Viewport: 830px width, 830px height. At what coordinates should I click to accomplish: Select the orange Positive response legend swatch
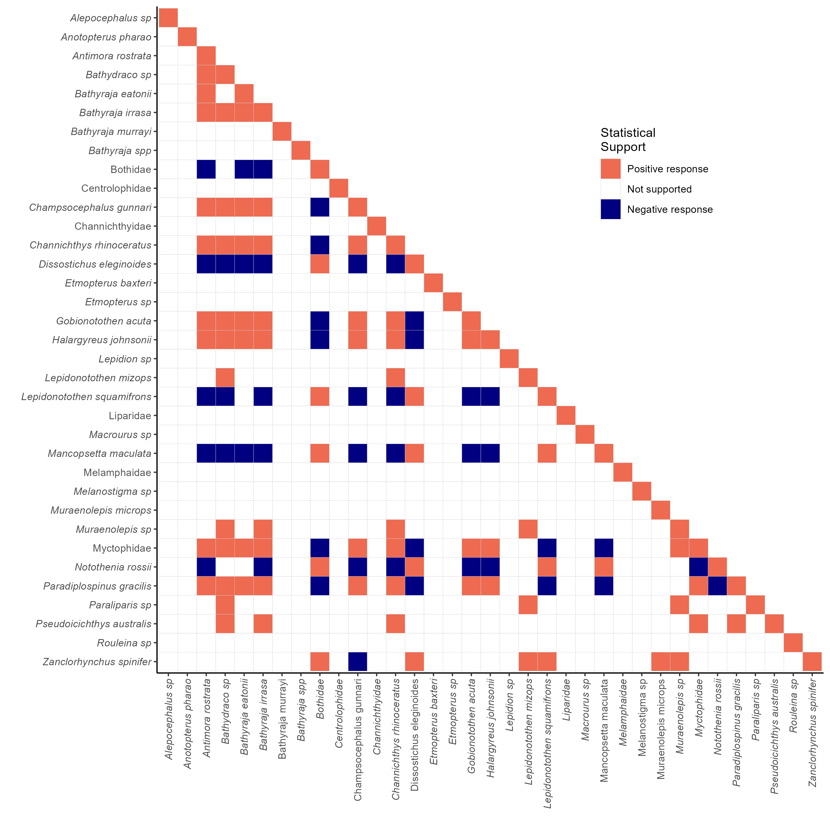coord(610,169)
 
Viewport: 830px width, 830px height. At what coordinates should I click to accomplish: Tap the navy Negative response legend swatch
coord(610,209)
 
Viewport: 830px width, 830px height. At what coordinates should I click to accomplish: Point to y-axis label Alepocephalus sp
coord(111,18)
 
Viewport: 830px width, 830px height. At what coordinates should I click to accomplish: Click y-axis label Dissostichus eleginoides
coord(95,264)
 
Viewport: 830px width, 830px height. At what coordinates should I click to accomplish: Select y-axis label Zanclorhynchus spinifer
coord(97,662)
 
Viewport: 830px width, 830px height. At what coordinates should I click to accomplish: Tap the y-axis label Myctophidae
coord(122,548)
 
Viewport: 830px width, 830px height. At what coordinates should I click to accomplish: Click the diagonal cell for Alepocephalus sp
coord(168,18)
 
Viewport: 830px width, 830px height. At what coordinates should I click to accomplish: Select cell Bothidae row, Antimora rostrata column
coord(206,169)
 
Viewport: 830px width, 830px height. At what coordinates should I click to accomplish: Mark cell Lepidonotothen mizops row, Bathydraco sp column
coord(225,378)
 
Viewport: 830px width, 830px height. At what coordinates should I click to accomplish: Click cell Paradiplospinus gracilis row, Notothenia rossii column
coord(718,586)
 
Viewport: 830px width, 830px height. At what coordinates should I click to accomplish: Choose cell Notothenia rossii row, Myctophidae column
coord(698,567)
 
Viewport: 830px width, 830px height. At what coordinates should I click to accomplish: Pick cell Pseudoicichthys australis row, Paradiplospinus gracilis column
coord(736,624)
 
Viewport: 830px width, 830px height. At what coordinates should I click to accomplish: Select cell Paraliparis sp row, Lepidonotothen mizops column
coord(528,605)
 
